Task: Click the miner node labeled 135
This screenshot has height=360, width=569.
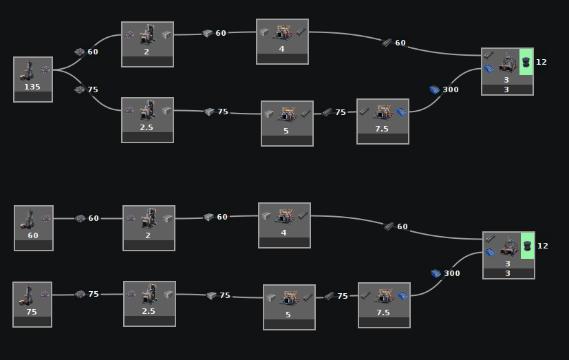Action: click(x=32, y=79)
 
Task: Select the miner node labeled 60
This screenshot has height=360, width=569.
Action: click(x=33, y=228)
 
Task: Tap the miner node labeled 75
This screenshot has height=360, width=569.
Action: click(x=32, y=304)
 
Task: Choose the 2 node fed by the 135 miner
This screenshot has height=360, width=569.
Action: click(x=147, y=44)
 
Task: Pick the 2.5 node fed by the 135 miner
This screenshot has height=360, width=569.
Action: click(x=147, y=120)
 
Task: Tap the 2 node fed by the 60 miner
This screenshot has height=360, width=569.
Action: click(x=149, y=228)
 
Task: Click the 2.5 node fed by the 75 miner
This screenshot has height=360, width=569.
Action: click(x=149, y=304)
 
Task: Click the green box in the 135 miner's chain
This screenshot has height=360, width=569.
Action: click(x=526, y=61)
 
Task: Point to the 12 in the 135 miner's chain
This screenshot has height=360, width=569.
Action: click(x=541, y=62)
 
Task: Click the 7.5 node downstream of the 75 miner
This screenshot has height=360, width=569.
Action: click(x=384, y=305)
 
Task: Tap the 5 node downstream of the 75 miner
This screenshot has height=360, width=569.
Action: click(x=289, y=307)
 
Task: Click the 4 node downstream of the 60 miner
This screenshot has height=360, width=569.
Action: click(x=284, y=225)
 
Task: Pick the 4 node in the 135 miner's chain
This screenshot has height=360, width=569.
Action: click(x=282, y=41)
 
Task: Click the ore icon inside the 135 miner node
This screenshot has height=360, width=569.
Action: click(x=45, y=69)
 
